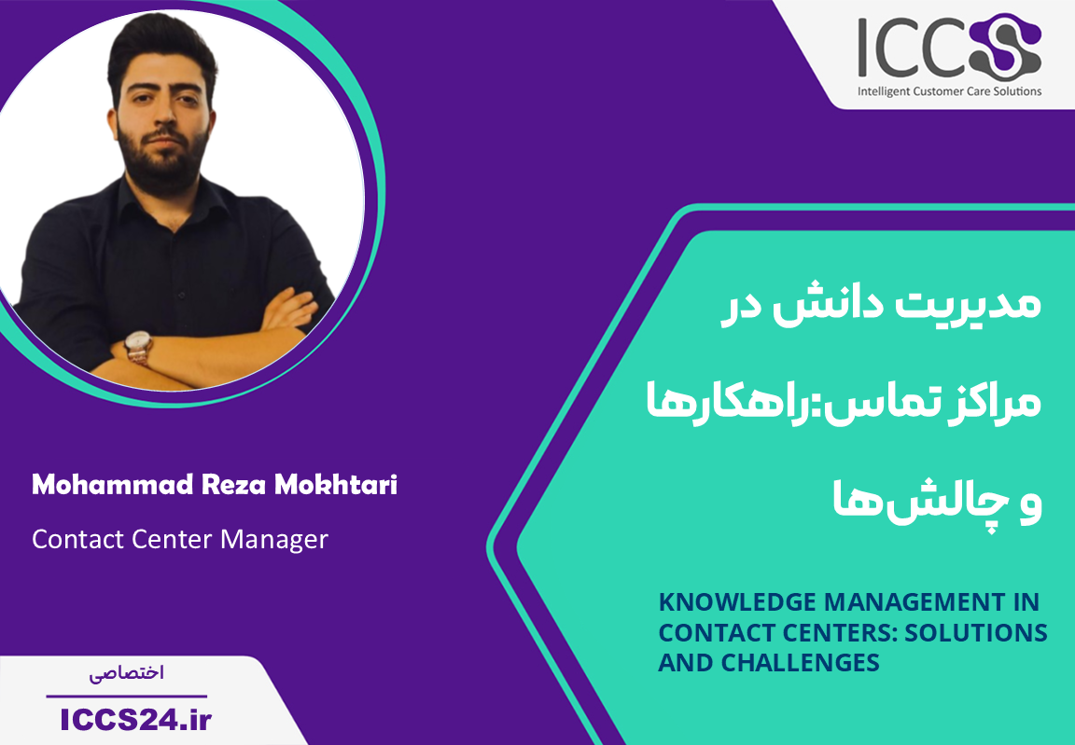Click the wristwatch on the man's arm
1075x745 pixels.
pyautogui.click(x=138, y=347)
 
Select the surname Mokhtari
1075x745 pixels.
pyautogui.click(x=336, y=485)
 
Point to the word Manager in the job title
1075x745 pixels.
pyautogui.click(x=274, y=540)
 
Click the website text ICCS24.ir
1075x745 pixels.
pyautogui.click(x=135, y=720)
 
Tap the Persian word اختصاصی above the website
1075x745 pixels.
pyautogui.click(x=127, y=673)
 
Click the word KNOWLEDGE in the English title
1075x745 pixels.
pyautogui.click(x=737, y=602)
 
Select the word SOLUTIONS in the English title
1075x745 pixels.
pyautogui.click(x=975, y=632)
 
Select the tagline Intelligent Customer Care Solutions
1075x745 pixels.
pyautogui.click(x=950, y=91)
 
